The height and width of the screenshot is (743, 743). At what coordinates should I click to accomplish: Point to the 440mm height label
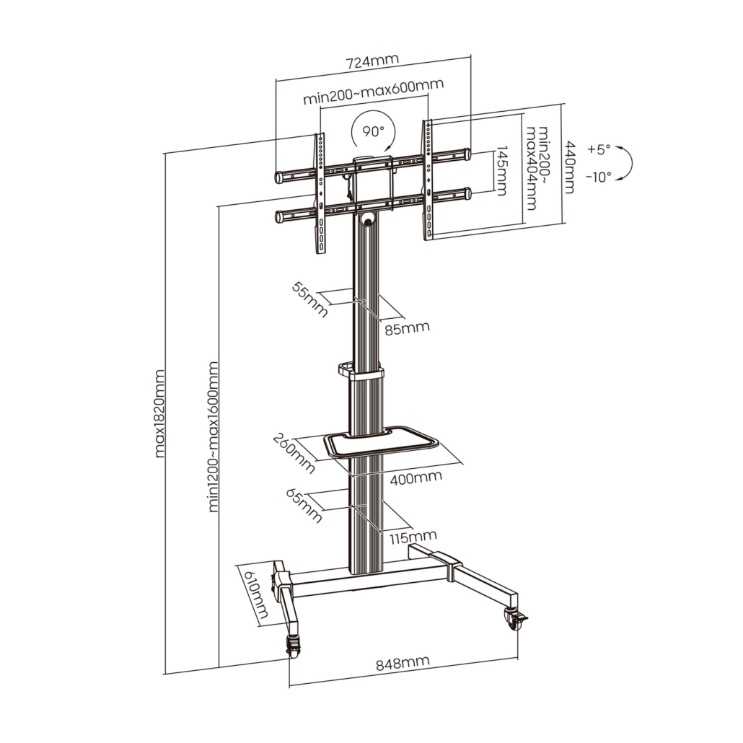(x=569, y=167)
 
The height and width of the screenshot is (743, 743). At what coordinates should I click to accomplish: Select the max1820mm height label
(x=160, y=413)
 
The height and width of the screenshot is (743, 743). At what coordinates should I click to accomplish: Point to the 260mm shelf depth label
(x=294, y=453)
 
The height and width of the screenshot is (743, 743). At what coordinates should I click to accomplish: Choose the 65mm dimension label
(x=304, y=505)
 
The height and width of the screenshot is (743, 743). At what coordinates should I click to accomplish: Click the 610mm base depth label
(x=255, y=596)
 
